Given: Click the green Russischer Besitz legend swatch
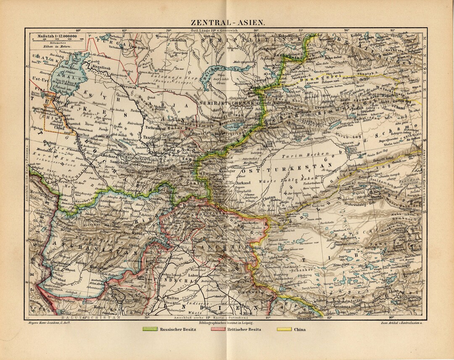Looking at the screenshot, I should coord(150,329).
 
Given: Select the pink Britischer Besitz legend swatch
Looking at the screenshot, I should coord(217,329).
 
